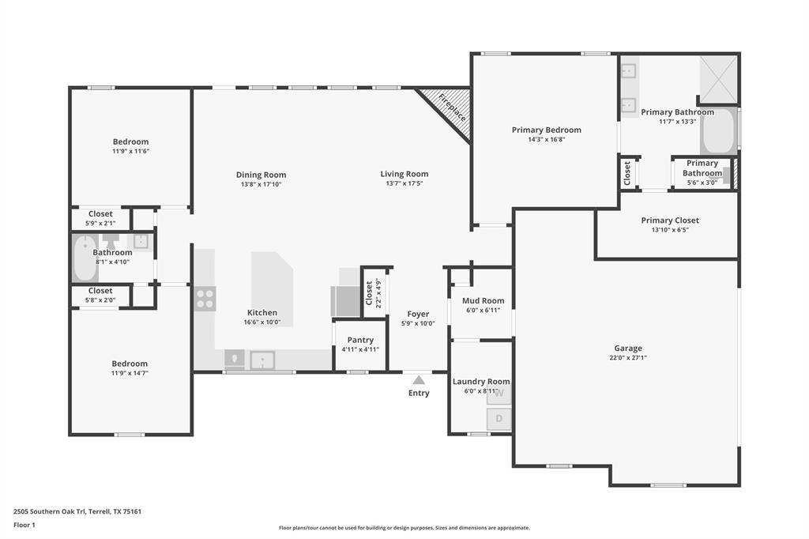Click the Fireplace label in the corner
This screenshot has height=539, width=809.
click(453, 107)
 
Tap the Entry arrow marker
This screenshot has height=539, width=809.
click(419, 380)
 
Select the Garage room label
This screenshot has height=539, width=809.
click(628, 348)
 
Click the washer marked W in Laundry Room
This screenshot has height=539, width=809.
click(499, 394)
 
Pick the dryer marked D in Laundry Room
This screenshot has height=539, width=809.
click(499, 418)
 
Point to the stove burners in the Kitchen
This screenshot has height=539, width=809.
click(205, 298)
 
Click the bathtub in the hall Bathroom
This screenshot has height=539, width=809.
click(85, 258)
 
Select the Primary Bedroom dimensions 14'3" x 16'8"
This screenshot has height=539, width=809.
click(546, 139)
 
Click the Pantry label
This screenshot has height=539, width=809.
click(360, 340)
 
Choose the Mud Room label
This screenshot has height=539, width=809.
click(483, 300)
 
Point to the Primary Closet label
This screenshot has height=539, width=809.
click(670, 220)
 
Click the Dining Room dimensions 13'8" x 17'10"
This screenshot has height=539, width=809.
click(261, 184)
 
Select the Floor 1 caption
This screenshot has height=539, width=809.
click(25, 525)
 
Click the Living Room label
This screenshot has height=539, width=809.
click(404, 174)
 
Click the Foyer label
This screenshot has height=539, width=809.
click(418, 314)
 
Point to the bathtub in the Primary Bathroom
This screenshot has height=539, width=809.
click(718, 141)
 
